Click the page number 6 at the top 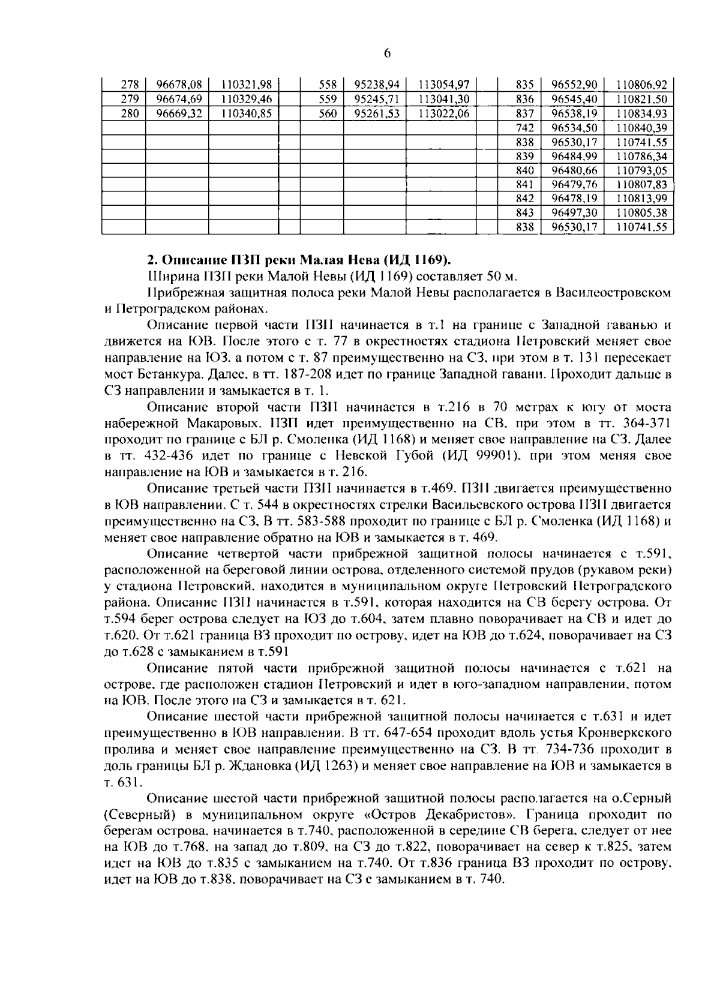[386, 54]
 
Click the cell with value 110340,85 [247, 114]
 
